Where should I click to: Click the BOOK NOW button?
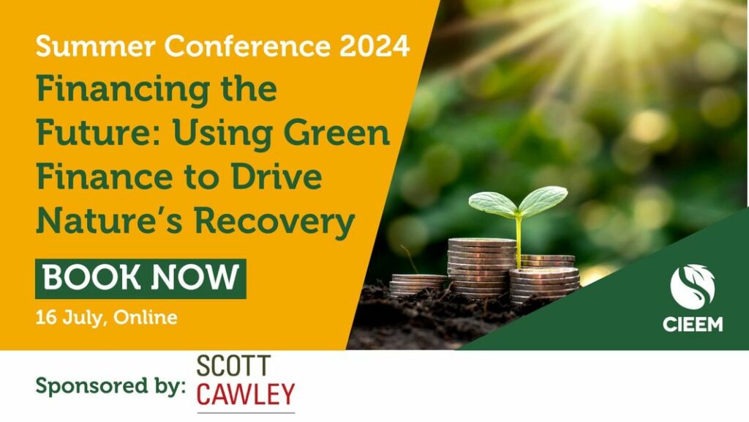pos(140,278)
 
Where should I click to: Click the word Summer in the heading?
pos(96,46)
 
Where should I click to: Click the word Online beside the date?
pos(146,317)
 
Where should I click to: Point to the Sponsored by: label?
pos(110,385)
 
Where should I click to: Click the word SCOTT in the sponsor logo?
pos(233,366)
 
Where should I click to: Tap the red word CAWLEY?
pos(246,394)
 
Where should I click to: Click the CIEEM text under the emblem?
pos(693,325)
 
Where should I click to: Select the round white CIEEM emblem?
pos(692,287)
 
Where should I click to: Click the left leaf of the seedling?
pos(493,204)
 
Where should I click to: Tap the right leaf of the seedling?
pos(543,201)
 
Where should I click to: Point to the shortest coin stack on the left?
pos(418,285)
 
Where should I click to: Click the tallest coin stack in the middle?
pos(481,268)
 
